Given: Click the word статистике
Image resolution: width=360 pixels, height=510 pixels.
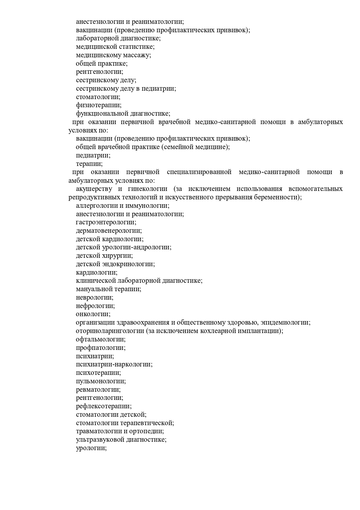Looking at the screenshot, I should point(137,47).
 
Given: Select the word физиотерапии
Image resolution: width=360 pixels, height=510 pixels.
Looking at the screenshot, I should point(98,105).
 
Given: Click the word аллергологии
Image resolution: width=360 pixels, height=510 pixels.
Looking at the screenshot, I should point(96,206).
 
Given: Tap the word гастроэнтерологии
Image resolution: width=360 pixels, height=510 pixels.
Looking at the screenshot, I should point(106,222).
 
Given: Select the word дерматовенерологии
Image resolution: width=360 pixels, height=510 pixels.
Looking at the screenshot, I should point(109,231).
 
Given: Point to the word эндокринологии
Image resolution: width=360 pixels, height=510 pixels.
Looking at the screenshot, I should point(128,264).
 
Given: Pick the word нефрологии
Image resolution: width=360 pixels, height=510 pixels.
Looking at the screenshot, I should point(95,306).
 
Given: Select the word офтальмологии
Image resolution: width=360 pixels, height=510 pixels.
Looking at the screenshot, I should point(100,339).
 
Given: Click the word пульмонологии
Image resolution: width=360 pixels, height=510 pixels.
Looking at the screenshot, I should point(101,381).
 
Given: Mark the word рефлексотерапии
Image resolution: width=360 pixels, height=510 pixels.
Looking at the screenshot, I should point(104,406).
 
